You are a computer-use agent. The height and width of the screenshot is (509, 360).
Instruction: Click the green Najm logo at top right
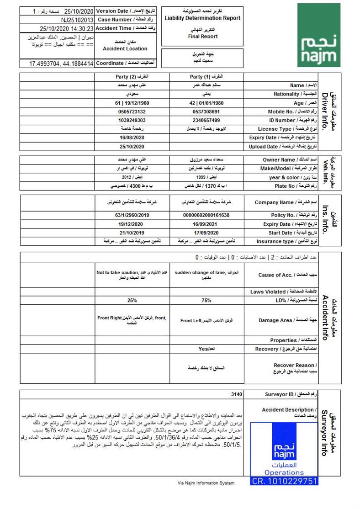316,35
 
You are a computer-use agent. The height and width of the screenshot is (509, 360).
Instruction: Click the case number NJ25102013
77,20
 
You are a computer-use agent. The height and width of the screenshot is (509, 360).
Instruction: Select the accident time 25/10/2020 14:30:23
67,28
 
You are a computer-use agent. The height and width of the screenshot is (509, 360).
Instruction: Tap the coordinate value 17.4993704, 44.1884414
61,64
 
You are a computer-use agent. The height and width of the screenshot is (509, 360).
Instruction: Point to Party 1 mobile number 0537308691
206,111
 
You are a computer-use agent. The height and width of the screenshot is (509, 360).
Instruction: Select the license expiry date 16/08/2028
132,138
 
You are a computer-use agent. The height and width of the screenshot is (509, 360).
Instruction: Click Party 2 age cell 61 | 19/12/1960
132,103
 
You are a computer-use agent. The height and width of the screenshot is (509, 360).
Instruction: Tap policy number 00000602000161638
206,215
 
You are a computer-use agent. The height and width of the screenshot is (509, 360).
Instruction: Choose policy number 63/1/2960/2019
132,215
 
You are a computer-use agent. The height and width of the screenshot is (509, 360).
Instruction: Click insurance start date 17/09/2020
206,233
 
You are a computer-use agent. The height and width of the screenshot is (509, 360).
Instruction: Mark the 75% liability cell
206,301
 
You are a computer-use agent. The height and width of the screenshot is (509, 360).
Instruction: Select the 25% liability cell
132,301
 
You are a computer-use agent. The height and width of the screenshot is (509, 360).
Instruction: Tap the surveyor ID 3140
237,394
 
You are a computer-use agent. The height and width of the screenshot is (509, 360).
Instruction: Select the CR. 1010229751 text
284,481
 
